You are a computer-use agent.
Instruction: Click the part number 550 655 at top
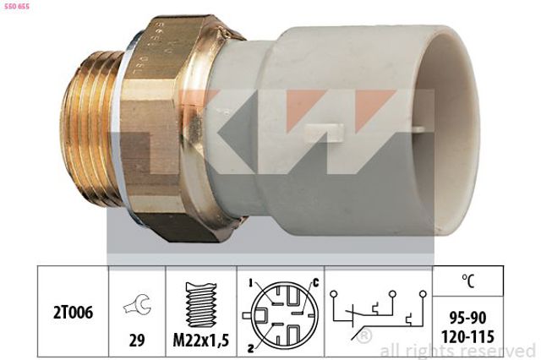coord(17,6)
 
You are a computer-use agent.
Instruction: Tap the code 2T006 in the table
coord(73,313)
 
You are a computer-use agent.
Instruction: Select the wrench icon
coord(137,304)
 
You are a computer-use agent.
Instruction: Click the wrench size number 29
coord(137,341)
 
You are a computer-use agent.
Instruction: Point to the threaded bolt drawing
coord(201,304)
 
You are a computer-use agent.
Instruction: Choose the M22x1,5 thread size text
coord(201,341)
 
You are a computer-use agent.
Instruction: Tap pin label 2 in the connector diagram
coord(251,349)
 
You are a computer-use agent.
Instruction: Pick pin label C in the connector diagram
coord(315,283)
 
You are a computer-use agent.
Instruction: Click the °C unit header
coord(467,281)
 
